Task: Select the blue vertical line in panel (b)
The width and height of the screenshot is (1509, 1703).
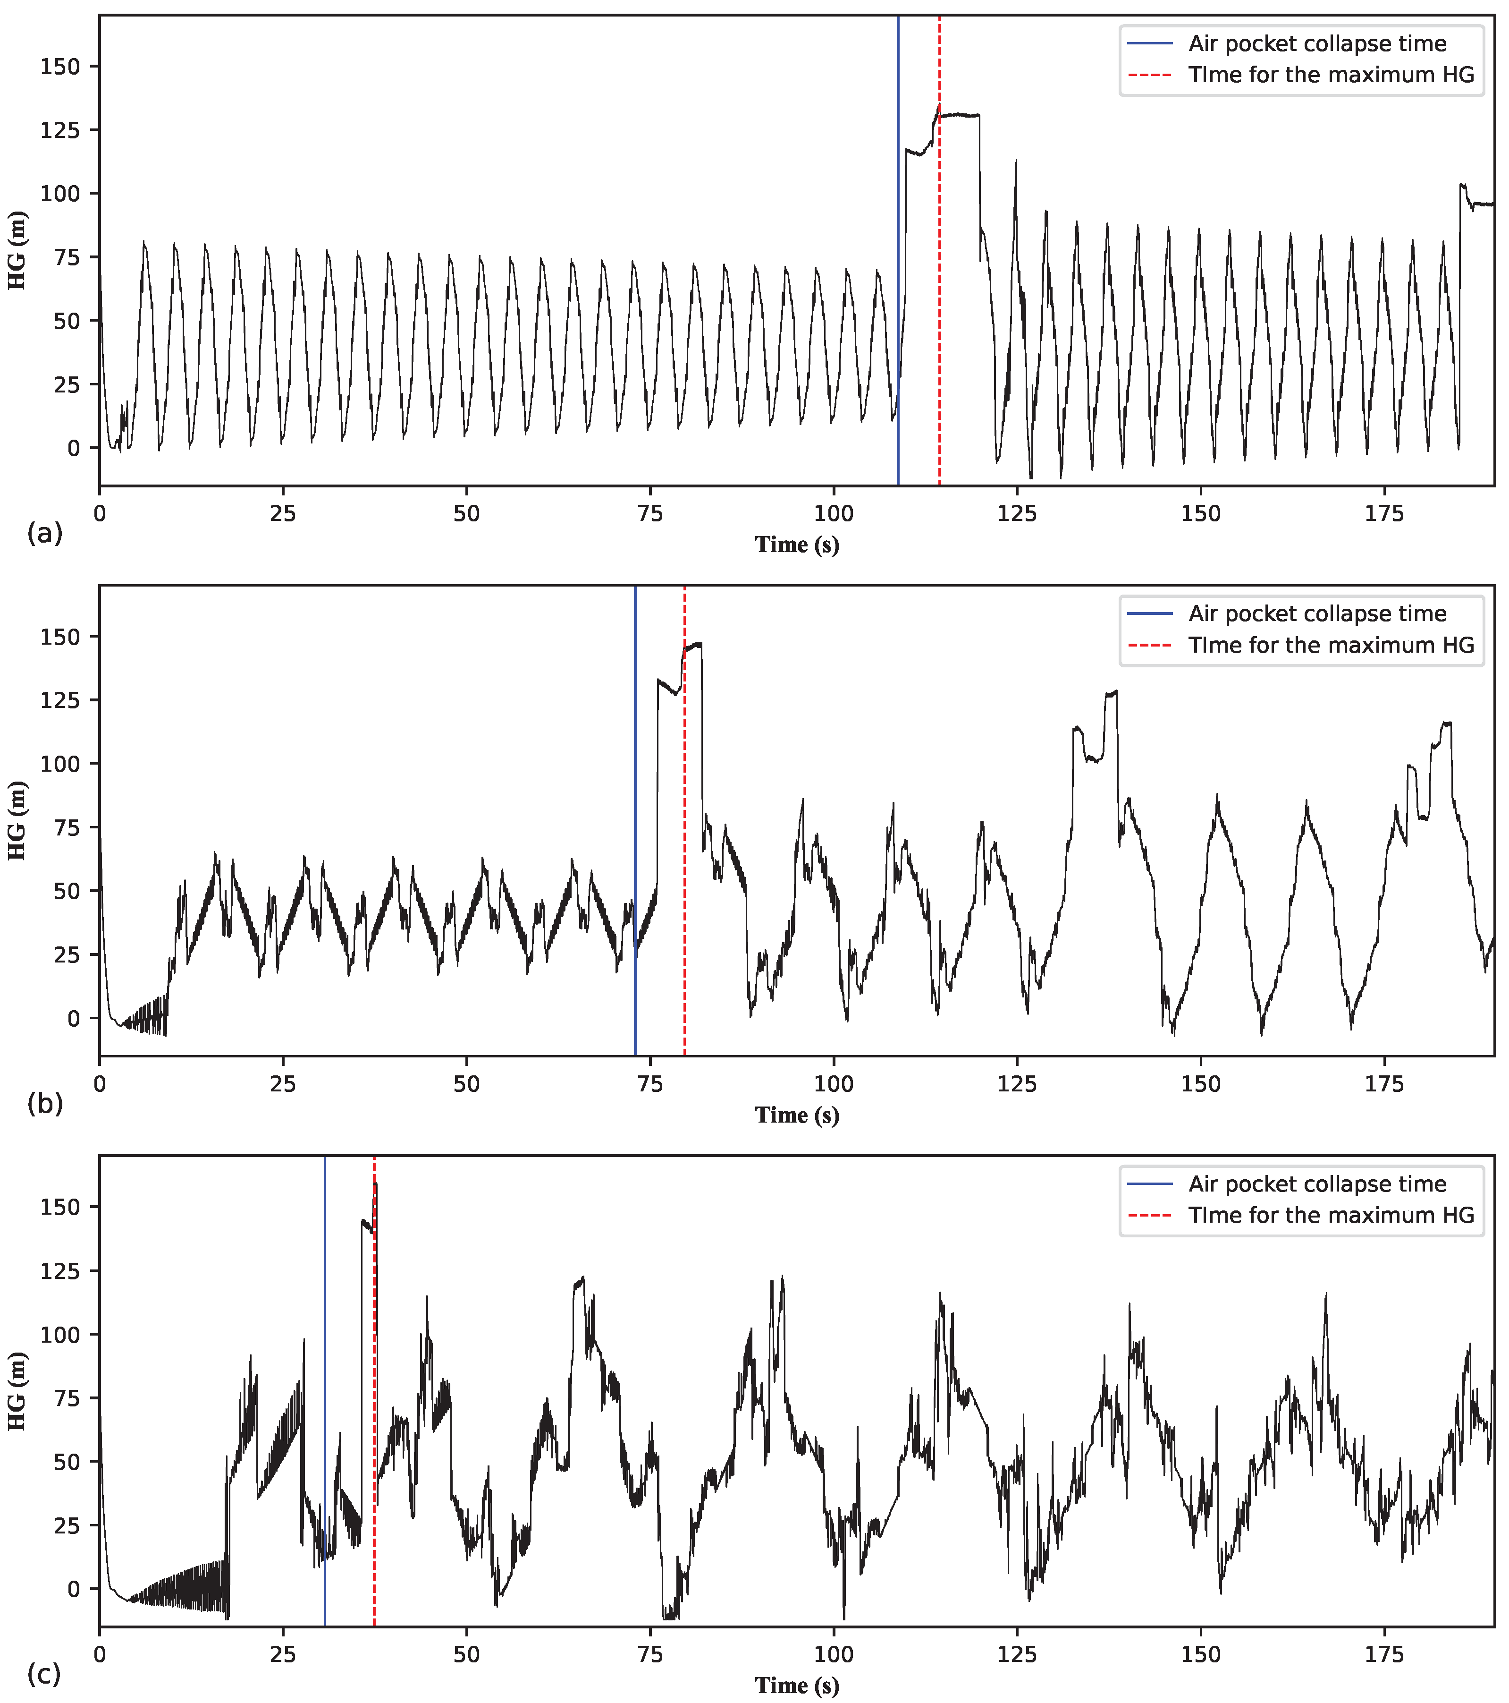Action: [635, 750]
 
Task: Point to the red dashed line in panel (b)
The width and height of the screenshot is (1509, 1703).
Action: [684, 833]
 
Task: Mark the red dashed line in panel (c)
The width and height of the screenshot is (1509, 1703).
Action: [374, 1416]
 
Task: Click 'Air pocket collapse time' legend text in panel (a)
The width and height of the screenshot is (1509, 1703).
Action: [1317, 43]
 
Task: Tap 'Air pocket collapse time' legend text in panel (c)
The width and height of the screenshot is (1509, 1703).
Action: [1317, 1184]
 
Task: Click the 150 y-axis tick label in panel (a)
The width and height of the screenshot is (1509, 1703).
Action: [60, 67]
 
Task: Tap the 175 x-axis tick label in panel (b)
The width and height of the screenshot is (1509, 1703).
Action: [1384, 1084]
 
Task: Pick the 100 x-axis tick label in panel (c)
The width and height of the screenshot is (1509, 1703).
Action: [834, 1655]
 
